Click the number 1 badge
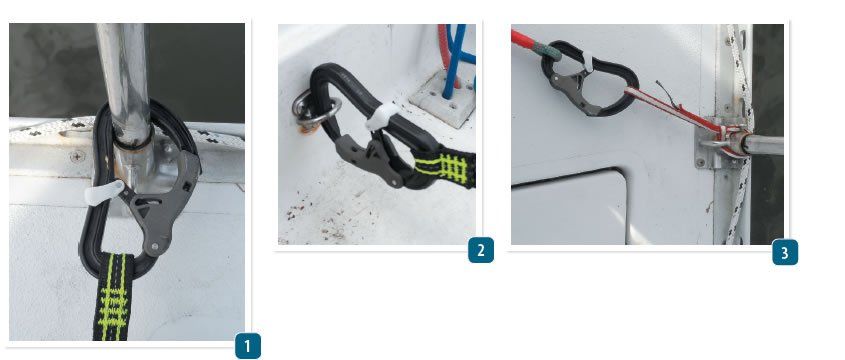point(247,346)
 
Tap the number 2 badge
point(481,249)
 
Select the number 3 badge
point(785,252)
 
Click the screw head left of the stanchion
point(76,156)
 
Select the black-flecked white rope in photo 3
point(738,200)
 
